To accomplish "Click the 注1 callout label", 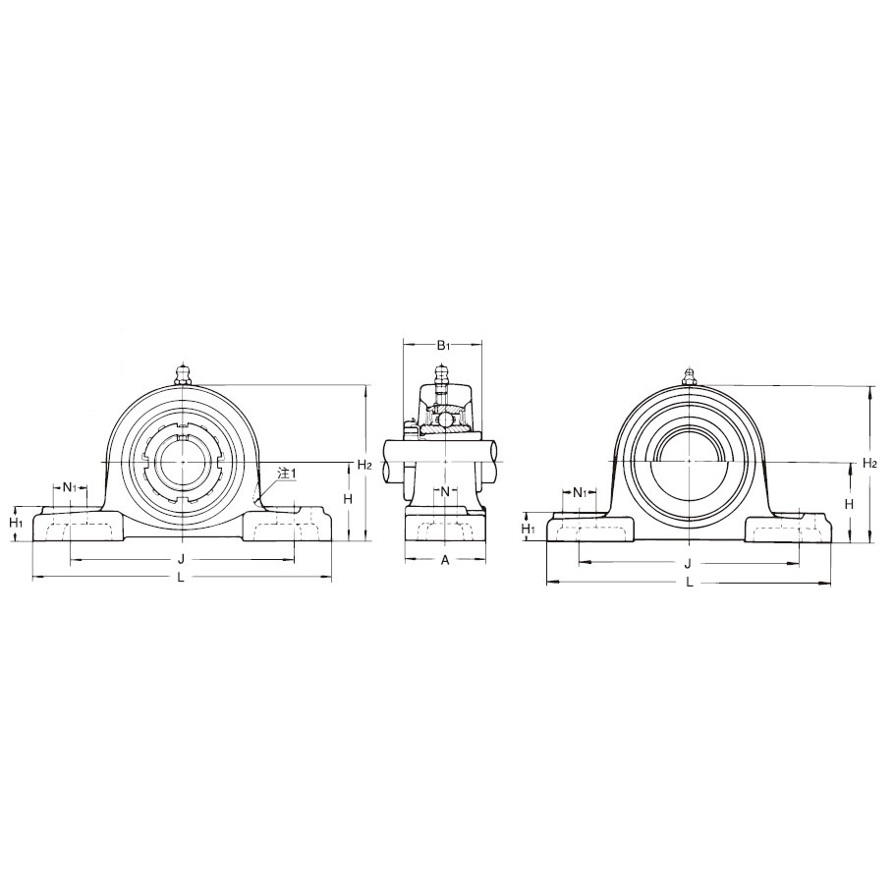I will [287, 474].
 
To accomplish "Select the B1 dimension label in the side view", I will [443, 345].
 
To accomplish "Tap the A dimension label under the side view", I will [444, 560].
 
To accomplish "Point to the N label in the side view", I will [444, 491].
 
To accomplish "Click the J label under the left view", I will [181, 559].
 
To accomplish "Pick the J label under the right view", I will [688, 563].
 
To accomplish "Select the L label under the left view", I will [181, 578].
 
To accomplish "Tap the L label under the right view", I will [690, 582].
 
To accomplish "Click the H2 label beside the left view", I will [363, 465].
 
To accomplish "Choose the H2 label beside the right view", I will [869, 463].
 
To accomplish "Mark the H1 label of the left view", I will [16, 523].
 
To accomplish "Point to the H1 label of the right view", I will [528, 529].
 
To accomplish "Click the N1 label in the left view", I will [69, 487].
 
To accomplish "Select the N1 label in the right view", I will [580, 492].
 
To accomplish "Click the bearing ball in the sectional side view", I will [444, 419].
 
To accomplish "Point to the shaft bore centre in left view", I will [181, 462].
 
